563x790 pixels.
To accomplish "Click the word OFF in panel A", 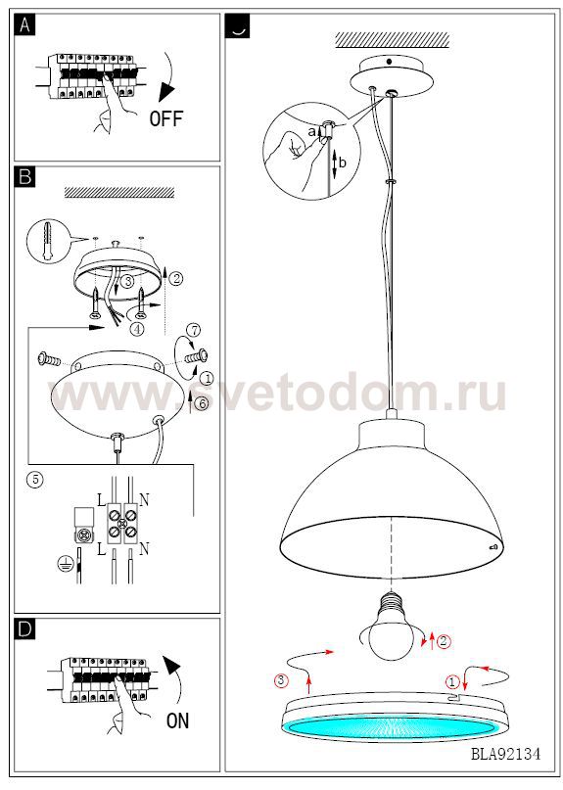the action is click(165, 118).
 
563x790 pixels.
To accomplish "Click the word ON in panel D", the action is click(177, 720).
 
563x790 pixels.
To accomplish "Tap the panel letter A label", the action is click(24, 25).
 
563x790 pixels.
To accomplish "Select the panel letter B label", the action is click(25, 177).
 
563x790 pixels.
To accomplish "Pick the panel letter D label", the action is click(25, 629).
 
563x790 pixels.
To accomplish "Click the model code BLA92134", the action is click(505, 754).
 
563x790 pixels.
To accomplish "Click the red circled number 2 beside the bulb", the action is click(444, 641).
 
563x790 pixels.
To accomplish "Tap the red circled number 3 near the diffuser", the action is click(281, 680).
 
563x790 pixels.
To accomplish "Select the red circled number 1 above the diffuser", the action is click(452, 682).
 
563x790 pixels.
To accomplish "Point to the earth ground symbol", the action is click(64, 563).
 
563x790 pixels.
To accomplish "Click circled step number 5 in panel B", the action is click(35, 479).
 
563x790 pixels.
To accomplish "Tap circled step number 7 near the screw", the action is click(194, 330).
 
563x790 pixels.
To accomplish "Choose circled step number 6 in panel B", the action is click(202, 403).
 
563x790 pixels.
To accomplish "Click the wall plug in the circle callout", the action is click(48, 241).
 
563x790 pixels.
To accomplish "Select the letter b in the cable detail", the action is click(343, 163).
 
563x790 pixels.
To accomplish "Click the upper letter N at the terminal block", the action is click(144, 500).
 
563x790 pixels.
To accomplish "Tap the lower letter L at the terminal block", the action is click(101, 548).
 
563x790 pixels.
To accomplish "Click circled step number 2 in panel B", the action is click(176, 278).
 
